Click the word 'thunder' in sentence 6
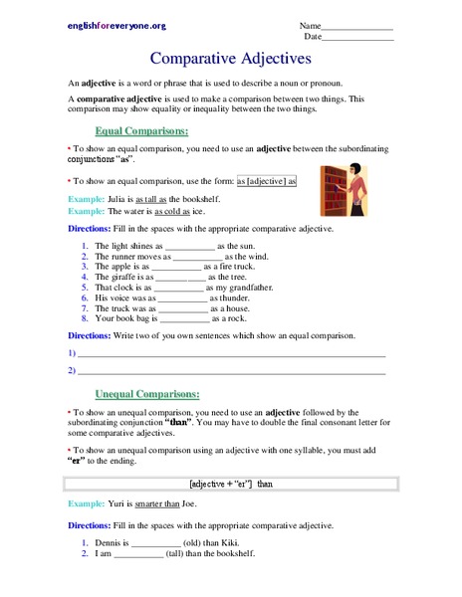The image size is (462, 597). pos(228,298)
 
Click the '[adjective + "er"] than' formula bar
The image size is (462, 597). pos(231,484)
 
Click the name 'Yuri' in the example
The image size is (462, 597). pos(115,503)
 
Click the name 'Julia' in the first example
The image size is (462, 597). pos(116,199)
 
